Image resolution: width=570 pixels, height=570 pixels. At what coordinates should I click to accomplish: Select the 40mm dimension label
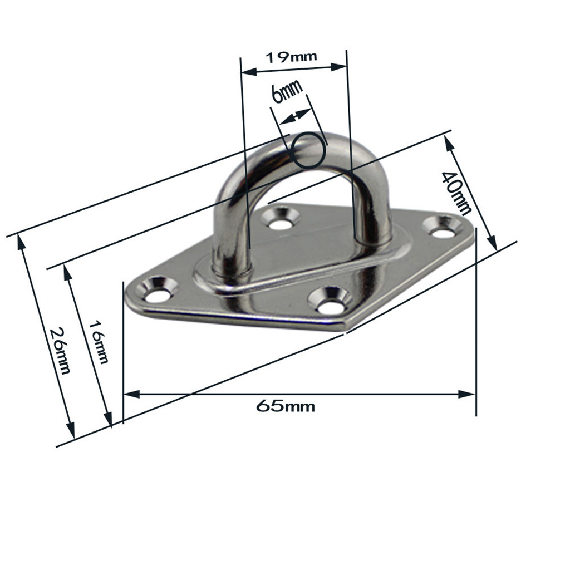click(455, 193)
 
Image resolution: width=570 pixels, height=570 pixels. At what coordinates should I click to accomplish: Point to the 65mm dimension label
click(286, 406)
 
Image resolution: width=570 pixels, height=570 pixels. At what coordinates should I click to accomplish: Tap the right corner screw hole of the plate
click(443, 228)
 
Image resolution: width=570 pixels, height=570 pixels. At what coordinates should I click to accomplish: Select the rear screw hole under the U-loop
click(281, 219)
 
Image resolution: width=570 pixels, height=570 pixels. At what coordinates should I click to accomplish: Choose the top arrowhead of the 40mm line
click(449, 141)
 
